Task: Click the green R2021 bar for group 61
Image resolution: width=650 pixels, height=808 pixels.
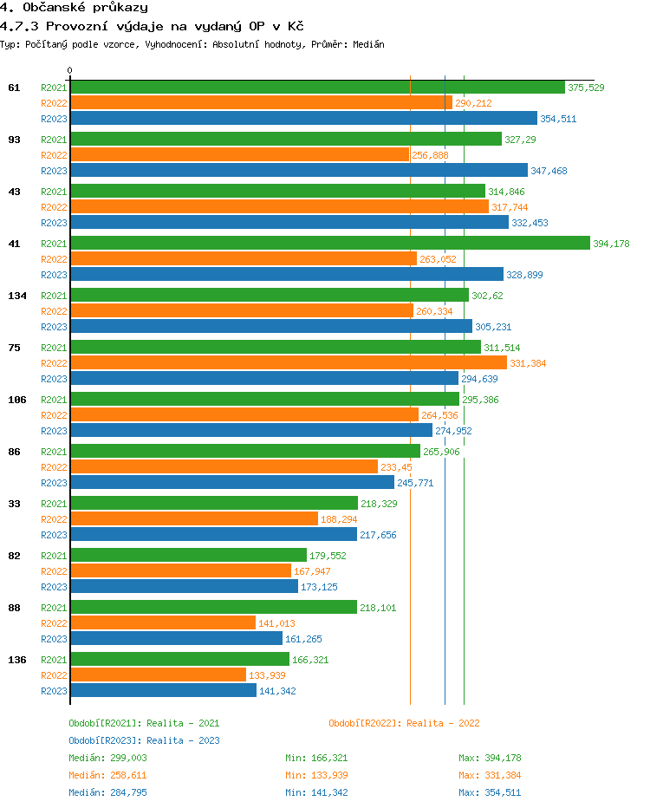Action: point(317,88)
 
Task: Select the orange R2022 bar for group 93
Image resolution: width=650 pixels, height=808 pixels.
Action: point(239,155)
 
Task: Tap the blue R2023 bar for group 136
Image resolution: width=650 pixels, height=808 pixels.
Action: point(163,691)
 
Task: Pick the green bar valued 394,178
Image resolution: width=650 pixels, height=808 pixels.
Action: point(329,244)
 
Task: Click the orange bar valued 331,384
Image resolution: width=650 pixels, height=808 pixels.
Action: point(289,363)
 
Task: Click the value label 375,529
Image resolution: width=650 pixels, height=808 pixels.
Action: point(586,88)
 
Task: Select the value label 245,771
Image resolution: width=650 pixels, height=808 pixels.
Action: point(415,483)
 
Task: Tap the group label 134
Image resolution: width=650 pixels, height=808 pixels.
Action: point(17,296)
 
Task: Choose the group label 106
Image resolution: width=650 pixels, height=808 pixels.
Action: point(17,400)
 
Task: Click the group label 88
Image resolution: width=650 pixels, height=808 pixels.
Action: point(14,608)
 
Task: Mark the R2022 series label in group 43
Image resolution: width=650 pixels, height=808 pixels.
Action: point(54,207)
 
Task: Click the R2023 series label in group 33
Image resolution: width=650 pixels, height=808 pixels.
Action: point(54,535)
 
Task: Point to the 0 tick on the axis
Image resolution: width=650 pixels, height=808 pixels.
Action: point(70,70)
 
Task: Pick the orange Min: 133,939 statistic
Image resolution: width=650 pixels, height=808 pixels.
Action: point(316,775)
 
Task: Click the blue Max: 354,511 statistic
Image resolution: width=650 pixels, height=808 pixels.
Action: point(490,792)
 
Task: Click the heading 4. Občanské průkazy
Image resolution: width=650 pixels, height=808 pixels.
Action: point(74,8)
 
